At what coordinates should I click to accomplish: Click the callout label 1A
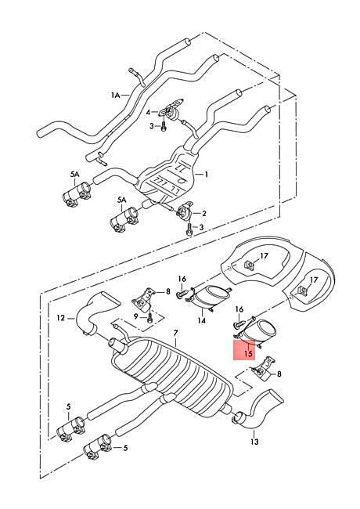tap(116, 95)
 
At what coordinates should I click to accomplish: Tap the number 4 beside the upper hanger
tap(148, 112)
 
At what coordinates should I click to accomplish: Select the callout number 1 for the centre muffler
tap(206, 175)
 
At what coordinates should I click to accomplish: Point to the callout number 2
tap(204, 213)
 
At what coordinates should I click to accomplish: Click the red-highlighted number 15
tap(248, 353)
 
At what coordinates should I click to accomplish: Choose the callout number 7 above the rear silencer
tap(175, 333)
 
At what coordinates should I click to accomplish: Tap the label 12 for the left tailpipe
tap(60, 317)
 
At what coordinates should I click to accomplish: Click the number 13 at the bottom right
tap(254, 442)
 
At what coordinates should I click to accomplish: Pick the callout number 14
tap(201, 320)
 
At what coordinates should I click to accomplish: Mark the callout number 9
tap(136, 316)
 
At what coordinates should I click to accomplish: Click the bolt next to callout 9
tap(149, 316)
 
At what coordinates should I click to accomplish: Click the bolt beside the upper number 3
tap(163, 126)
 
